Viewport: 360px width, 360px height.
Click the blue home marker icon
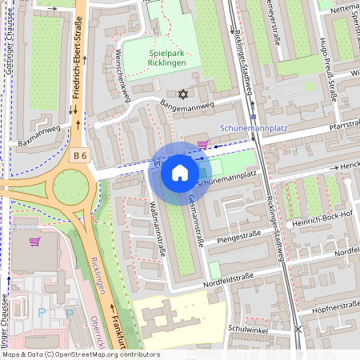[x=180, y=173]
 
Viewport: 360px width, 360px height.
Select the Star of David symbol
[x=183, y=94]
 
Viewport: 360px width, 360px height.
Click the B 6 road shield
[x=78, y=154]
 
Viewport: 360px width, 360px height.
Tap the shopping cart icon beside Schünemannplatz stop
[x=202, y=145]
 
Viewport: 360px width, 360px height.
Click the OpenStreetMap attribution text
[x=80, y=354]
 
